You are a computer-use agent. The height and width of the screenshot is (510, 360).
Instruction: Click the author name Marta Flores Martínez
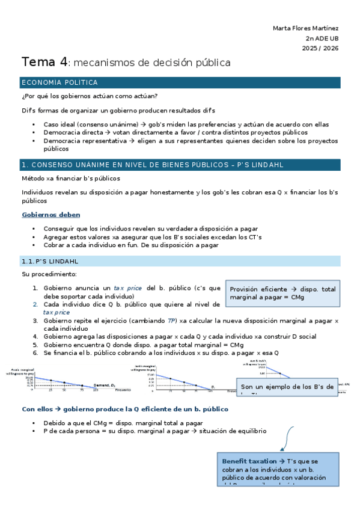coord(305,28)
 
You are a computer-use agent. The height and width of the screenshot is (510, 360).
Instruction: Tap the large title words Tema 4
coord(44,62)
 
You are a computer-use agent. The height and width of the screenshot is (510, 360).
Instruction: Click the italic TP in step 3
coord(172,321)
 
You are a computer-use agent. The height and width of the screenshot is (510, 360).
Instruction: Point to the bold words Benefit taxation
coord(249,461)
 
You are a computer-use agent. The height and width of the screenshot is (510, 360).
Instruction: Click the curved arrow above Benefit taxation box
coord(287,429)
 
